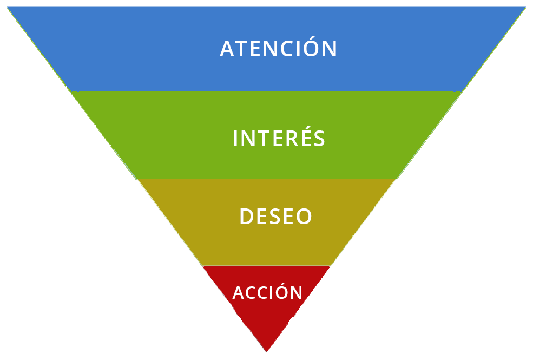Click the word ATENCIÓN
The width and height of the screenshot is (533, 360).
pos(278,48)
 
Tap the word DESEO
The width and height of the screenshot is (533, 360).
pos(275,217)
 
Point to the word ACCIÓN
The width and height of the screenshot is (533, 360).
pos(267,291)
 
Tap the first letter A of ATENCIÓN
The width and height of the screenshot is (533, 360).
pos(227,49)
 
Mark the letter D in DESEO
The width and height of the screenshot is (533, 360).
pos(247,217)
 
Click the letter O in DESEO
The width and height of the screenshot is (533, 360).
pos(304,217)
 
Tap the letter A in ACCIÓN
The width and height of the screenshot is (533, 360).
pos(239,293)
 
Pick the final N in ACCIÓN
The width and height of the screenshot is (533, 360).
pos(297,293)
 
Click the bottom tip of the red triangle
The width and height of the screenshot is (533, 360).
pos(266,352)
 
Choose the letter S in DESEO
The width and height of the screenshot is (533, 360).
pos(275,217)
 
